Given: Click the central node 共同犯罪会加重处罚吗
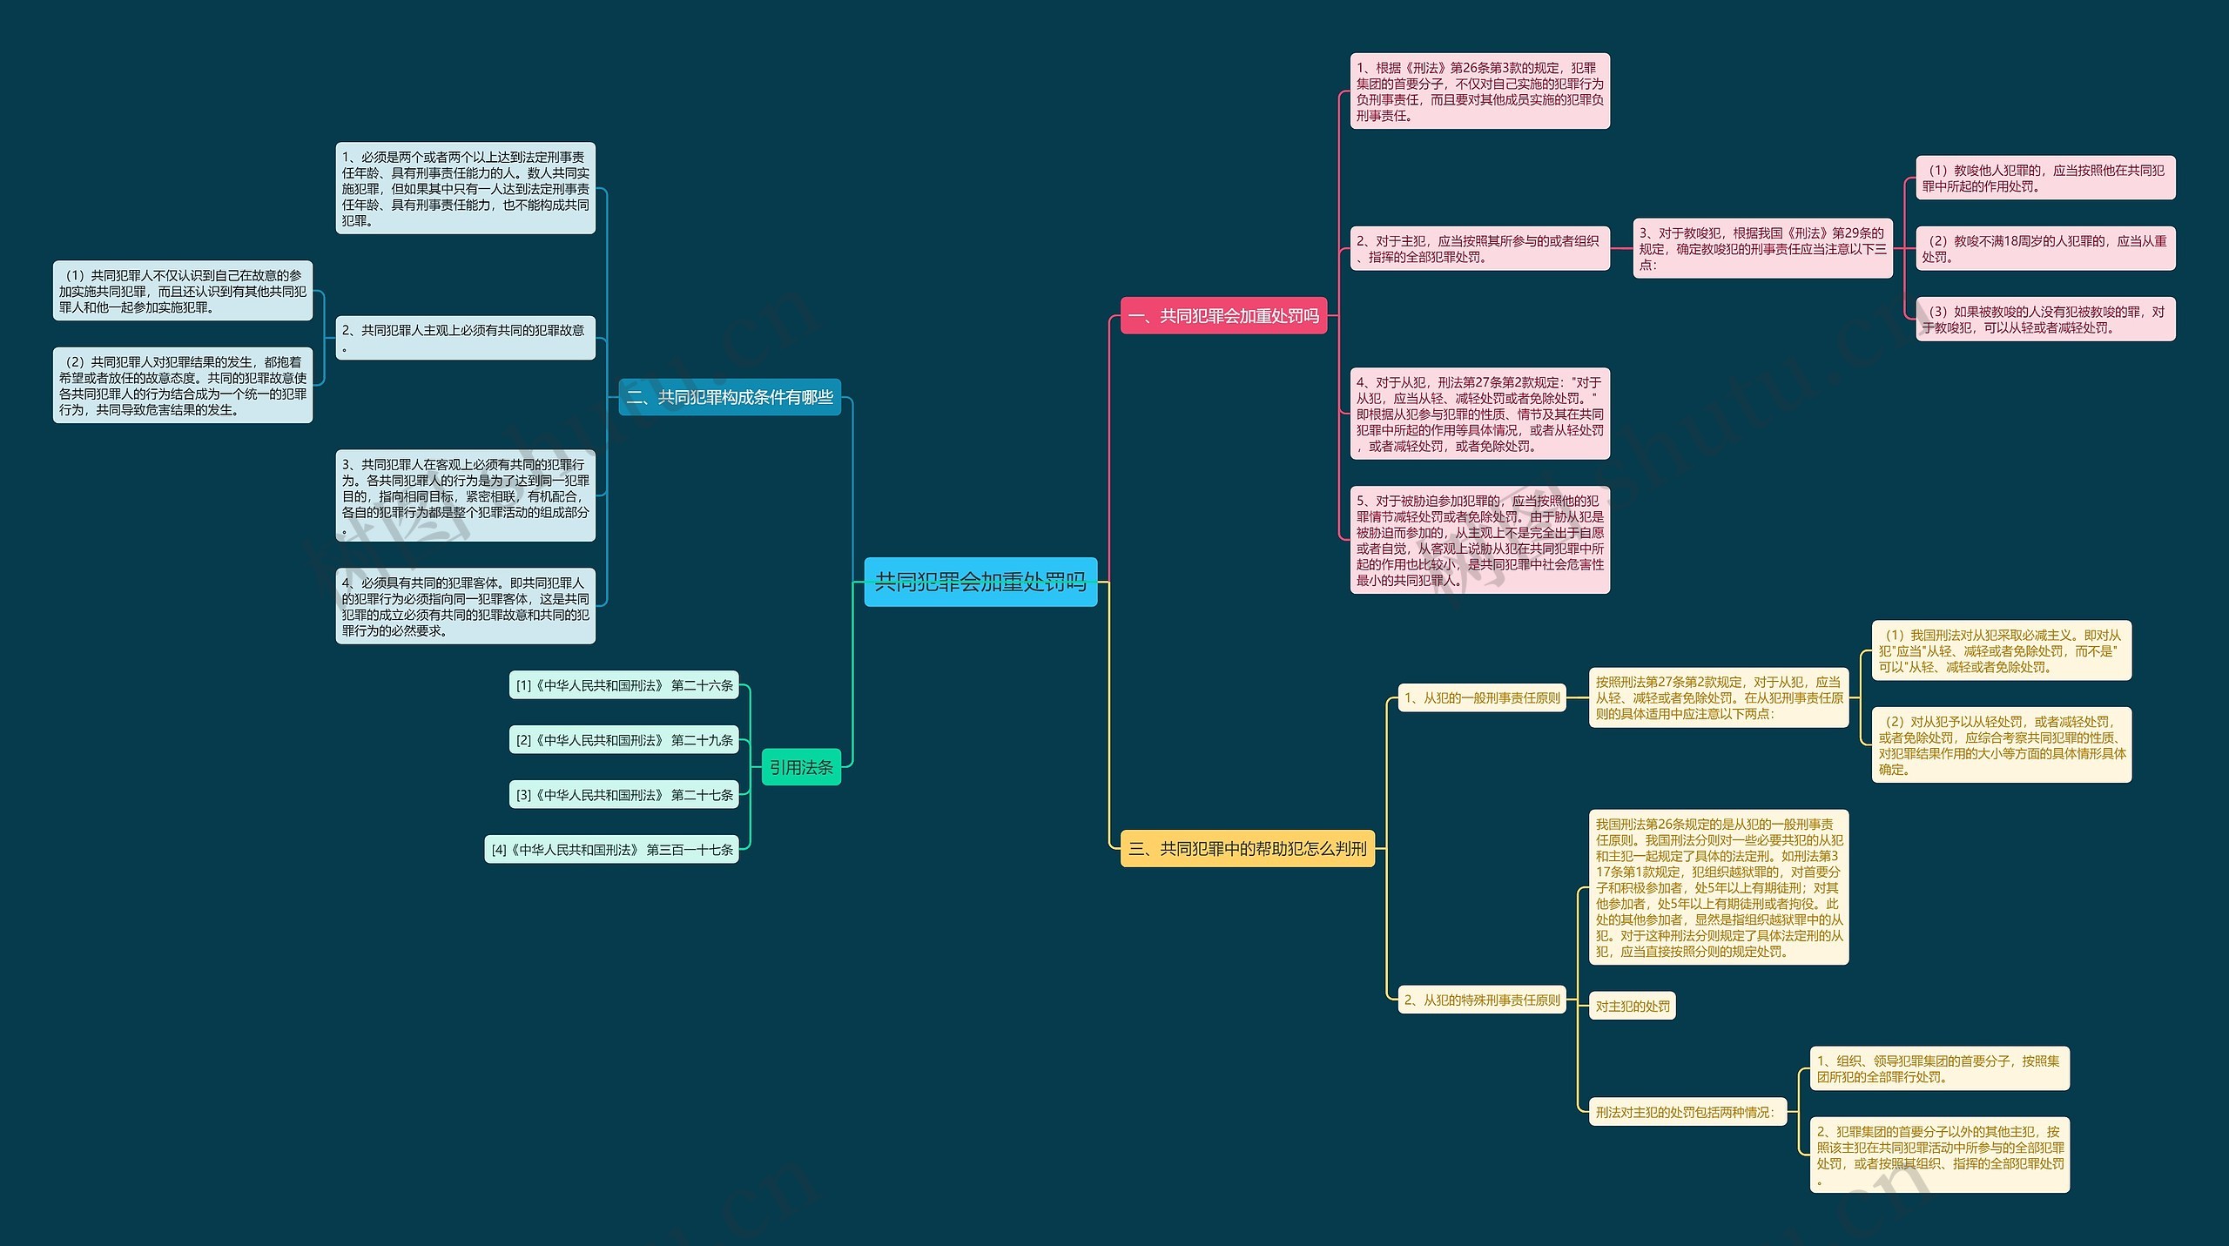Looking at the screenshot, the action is point(980,582).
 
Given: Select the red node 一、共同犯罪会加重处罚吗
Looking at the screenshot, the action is point(1222,316).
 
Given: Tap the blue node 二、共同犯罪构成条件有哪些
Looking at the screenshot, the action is point(730,397).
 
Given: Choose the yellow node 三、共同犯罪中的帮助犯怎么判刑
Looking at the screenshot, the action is point(1247,848).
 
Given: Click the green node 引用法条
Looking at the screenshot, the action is point(801,767).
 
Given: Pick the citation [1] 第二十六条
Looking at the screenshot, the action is point(623,685).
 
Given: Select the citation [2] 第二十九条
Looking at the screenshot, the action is point(623,740).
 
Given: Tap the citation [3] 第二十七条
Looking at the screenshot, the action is point(623,795).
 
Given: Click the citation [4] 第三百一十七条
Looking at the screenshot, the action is point(611,850).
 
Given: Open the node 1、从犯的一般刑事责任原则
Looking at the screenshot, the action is point(1482,697).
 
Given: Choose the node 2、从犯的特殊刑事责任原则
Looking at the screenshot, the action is point(1482,1000).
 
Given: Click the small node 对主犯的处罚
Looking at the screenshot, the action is point(1633,1007).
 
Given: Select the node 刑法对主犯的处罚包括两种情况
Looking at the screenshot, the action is point(1685,1112).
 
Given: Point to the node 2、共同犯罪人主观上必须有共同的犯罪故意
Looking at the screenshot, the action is point(465,338).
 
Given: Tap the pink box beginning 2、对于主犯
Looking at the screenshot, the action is point(1479,248).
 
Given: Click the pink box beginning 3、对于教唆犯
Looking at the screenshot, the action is point(1762,248).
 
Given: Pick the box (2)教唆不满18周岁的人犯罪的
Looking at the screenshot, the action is point(2045,248).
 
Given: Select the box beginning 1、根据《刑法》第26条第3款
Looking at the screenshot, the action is point(1479,91).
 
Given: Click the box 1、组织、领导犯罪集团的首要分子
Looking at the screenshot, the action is point(1939,1068).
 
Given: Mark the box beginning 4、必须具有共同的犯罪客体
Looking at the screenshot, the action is point(465,606).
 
